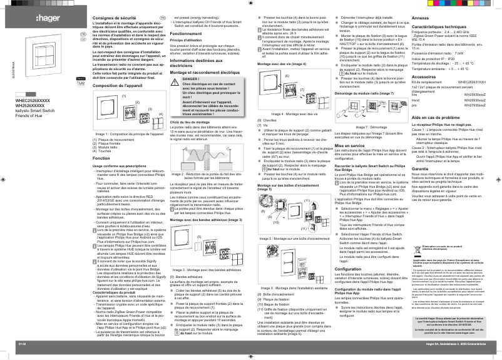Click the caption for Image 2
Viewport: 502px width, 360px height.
pyautogui.click(x=207, y=176)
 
